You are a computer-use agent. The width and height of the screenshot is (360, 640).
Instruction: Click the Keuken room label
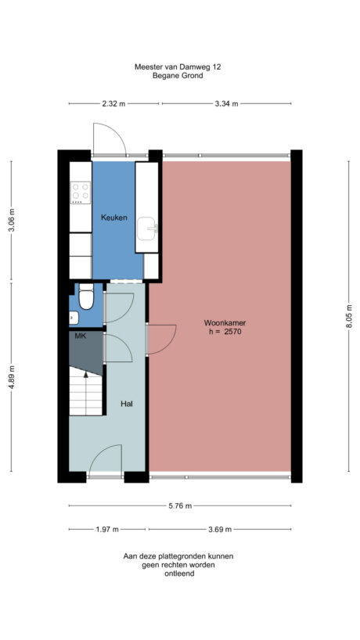(x=113, y=217)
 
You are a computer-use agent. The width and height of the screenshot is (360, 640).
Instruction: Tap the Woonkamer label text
(x=221, y=322)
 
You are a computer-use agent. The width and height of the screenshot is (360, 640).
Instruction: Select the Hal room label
(x=126, y=404)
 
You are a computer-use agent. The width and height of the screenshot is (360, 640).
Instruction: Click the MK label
(x=80, y=336)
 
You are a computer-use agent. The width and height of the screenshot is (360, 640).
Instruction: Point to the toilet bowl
(x=85, y=297)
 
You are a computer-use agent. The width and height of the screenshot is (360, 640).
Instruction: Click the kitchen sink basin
(x=147, y=229)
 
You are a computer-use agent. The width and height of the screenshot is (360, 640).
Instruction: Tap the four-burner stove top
(x=81, y=192)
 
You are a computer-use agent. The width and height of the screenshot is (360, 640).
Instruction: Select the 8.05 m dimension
(x=350, y=316)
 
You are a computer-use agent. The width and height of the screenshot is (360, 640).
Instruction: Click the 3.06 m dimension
(x=12, y=221)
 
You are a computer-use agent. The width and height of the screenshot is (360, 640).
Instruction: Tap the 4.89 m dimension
(x=12, y=379)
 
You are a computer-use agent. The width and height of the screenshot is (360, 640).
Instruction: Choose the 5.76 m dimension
(x=179, y=506)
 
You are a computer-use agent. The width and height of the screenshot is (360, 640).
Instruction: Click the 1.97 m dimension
(x=107, y=529)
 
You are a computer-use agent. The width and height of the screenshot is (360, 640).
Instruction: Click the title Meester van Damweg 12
(x=178, y=67)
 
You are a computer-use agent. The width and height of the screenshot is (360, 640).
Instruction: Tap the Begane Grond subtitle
(x=178, y=76)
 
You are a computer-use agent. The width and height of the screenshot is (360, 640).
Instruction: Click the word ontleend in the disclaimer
(x=178, y=573)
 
